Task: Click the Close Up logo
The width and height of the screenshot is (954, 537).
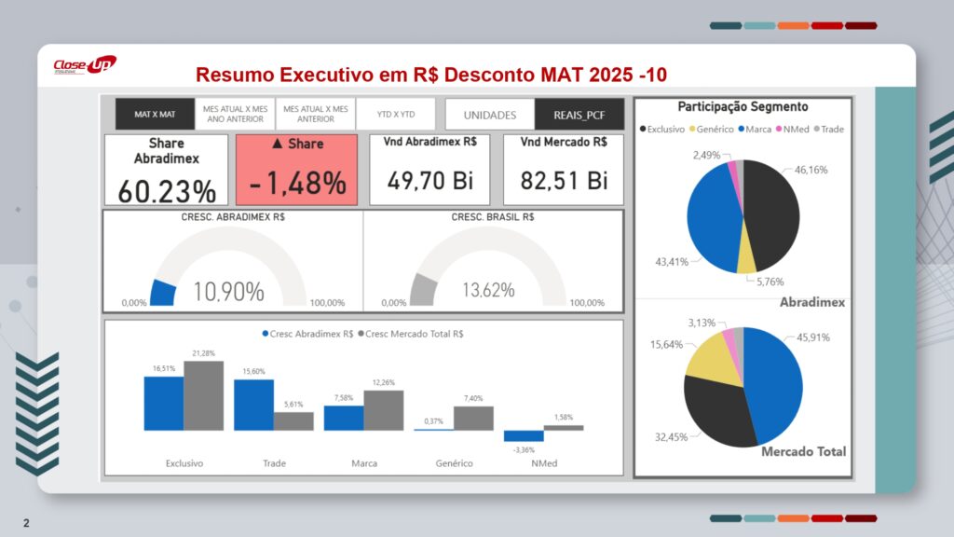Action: pos(84,65)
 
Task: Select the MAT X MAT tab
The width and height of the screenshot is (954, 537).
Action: pos(155,114)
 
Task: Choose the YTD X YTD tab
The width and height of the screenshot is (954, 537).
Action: pos(396,114)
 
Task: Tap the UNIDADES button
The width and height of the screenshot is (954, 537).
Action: pos(490,115)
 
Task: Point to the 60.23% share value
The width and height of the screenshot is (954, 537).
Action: pos(167,190)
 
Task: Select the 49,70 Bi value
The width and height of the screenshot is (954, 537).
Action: pos(430,180)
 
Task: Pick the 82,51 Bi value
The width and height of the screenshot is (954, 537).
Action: pos(564,180)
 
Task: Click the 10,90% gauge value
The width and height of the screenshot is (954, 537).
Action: pos(228,292)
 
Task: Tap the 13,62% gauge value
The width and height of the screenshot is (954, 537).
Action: pos(488,290)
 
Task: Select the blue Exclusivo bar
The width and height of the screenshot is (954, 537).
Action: pos(163,403)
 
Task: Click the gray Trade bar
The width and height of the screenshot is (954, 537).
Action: pos(293,420)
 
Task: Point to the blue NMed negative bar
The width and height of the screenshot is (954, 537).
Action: pos(524,435)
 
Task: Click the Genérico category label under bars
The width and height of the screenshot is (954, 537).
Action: pos(454,463)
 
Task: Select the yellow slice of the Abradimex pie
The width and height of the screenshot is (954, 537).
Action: pos(746,260)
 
